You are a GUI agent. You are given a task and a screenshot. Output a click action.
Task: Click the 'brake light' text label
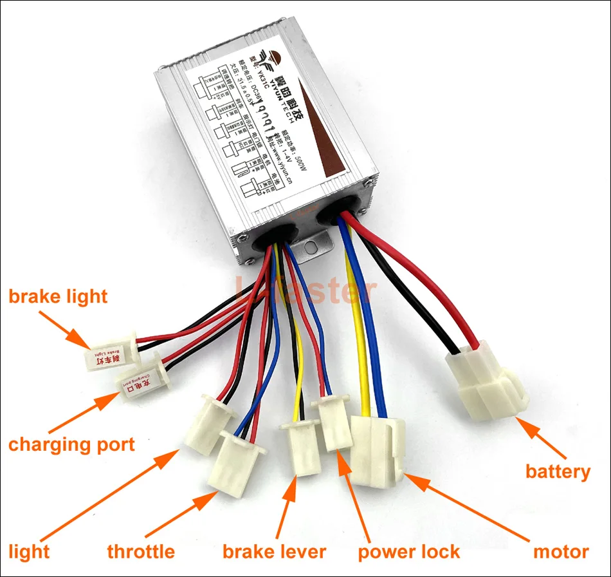pyautogui.click(x=58, y=296)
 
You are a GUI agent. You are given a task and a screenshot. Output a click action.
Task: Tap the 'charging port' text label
pyautogui.click(x=71, y=444)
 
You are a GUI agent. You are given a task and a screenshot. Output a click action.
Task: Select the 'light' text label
pyautogui.click(x=29, y=551)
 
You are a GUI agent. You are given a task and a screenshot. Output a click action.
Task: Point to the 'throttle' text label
pyautogui.click(x=141, y=551)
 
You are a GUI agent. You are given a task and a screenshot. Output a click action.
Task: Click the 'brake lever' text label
pyautogui.click(x=274, y=551)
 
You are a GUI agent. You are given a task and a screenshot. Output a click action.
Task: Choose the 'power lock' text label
pyautogui.click(x=408, y=551)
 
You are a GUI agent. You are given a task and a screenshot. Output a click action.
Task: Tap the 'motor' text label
pyautogui.click(x=561, y=551)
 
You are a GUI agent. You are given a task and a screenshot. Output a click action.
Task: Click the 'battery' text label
pyautogui.click(x=558, y=471)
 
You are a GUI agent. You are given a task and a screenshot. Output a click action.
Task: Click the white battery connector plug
pyautogui.click(x=487, y=383)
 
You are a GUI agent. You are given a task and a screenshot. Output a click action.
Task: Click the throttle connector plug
pyautogui.click(x=239, y=460)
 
